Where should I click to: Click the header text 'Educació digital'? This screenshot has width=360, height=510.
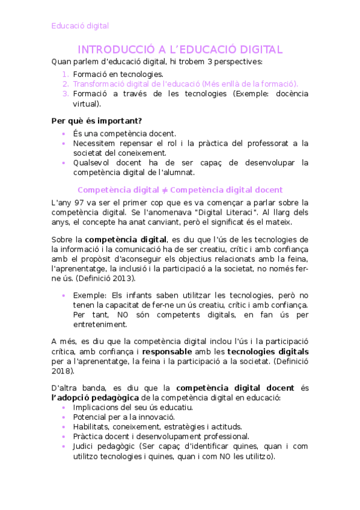[80, 26]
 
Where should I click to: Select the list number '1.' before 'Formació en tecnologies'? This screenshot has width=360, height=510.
[66, 73]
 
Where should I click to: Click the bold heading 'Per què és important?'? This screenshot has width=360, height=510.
[97, 120]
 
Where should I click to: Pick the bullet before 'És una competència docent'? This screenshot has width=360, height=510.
[64, 133]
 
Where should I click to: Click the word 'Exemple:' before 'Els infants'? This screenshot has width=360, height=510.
[91, 295]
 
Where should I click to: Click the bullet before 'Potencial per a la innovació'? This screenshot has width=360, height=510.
[64, 417]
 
